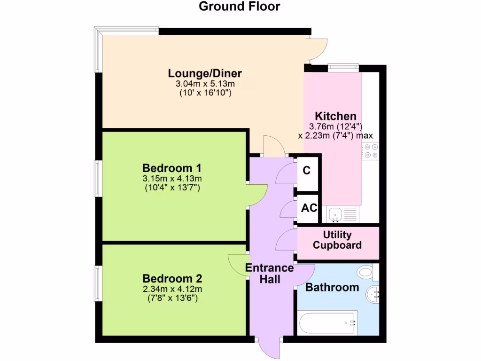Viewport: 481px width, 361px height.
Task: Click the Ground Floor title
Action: [x=240, y=7]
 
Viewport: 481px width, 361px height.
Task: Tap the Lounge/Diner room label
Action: [x=205, y=73]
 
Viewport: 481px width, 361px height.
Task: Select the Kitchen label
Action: [x=335, y=116]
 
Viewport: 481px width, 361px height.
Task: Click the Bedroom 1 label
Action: [x=172, y=168]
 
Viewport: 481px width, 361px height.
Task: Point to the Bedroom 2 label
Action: [x=172, y=278]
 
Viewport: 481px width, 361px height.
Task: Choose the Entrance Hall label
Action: [x=270, y=274]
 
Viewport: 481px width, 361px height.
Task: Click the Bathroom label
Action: [x=332, y=287]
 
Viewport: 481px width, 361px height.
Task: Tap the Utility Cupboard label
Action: [x=337, y=240]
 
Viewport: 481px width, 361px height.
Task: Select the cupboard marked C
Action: [x=307, y=171]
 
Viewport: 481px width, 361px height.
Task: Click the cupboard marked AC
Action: [x=309, y=208]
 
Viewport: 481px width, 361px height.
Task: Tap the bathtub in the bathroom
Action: [x=328, y=323]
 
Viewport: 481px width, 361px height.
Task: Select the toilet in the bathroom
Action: [x=365, y=271]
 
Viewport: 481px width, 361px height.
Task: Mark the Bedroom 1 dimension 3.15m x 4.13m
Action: [x=172, y=178]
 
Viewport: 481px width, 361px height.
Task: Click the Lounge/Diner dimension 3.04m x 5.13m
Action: [x=205, y=84]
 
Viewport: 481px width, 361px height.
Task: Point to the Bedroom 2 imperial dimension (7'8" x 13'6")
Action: [x=172, y=298]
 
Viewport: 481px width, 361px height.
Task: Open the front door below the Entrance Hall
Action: [x=270, y=348]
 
